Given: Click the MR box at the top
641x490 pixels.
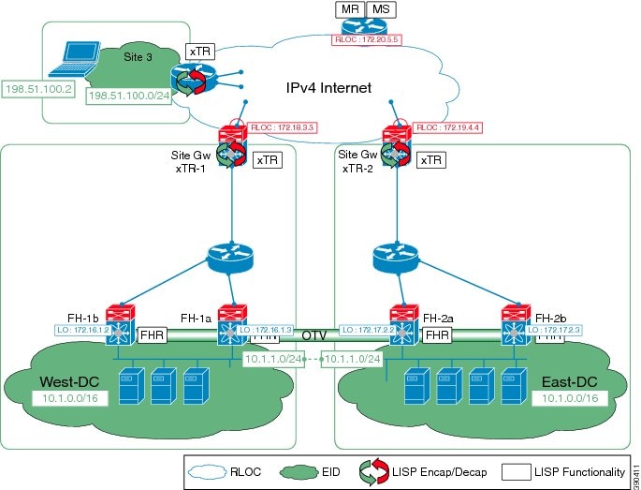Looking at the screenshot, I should coord(353,9).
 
